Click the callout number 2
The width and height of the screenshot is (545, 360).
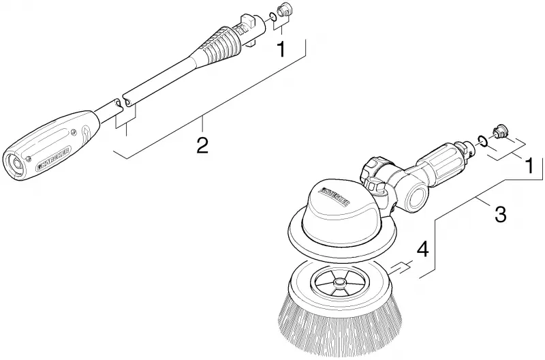coord(202,145)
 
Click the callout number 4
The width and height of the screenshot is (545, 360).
coord(422,250)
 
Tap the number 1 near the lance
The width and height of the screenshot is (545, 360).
coord(281,48)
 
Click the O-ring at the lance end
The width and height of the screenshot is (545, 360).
coord(273,16)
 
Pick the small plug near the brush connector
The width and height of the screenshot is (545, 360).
coord(499,131)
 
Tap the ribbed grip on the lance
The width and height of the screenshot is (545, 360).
coord(221,44)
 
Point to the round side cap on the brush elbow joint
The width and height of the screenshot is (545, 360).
coord(416,198)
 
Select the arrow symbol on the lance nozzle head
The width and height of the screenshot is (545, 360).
coord(87,134)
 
